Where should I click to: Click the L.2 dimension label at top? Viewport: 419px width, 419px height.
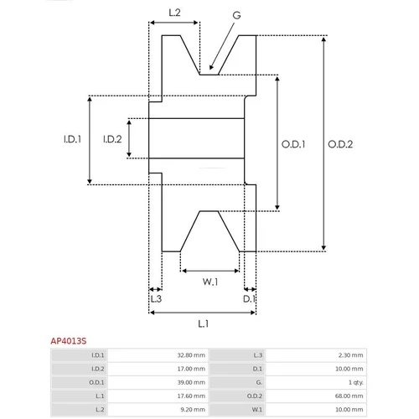174,13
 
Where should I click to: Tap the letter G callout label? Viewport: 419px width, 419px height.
236,15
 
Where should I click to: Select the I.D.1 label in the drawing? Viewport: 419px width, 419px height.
72,139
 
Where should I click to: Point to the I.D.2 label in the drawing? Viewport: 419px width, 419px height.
112,139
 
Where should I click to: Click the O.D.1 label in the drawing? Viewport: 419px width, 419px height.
293,144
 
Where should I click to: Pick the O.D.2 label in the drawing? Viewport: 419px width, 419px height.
340,144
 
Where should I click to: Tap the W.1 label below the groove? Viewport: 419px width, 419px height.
210,282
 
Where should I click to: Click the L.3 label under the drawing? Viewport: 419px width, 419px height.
156,299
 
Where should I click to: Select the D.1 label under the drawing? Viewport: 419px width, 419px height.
249,299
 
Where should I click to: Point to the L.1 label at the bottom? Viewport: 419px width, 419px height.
204,323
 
